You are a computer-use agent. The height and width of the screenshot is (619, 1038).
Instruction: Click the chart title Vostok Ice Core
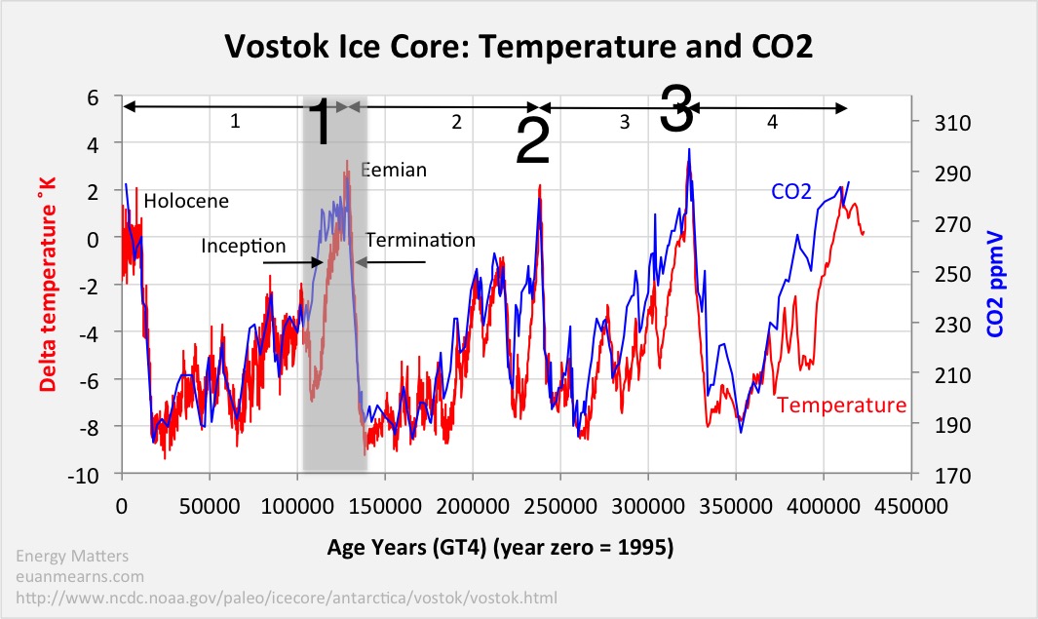[x=519, y=45]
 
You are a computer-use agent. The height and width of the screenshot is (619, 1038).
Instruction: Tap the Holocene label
[x=186, y=202]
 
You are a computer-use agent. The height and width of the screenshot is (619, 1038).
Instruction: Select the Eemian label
[x=395, y=171]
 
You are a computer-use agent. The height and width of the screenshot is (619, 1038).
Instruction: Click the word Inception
[x=244, y=245]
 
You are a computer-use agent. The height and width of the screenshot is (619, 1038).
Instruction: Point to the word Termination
[x=421, y=240]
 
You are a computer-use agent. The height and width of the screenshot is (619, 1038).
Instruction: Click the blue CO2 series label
[x=791, y=192]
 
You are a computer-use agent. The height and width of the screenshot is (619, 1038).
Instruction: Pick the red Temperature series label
[x=842, y=405]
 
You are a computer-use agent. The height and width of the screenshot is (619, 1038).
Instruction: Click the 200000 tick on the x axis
[x=473, y=507]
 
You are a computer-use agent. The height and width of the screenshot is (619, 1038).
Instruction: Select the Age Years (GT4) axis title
[x=500, y=548]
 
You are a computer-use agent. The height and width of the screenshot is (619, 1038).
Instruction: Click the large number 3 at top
[x=676, y=109]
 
